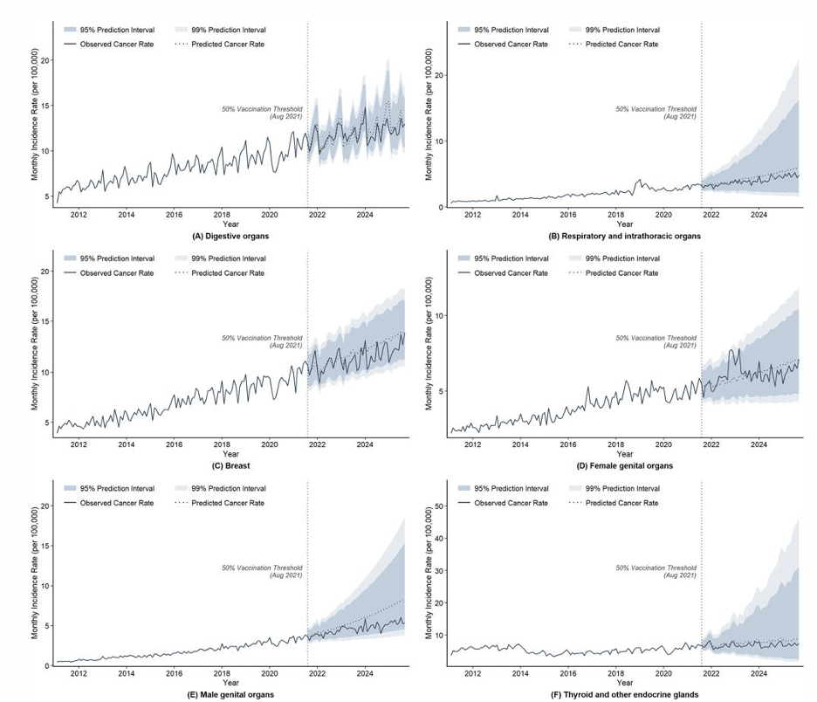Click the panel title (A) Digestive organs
click(230, 236)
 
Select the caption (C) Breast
click(230, 465)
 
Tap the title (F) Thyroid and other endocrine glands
click(625, 695)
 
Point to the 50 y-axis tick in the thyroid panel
click(439, 506)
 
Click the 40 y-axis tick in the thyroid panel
click(439, 539)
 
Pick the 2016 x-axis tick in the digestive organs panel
click(174, 215)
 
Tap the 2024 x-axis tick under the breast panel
click(365, 444)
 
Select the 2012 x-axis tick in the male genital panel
click(79, 673)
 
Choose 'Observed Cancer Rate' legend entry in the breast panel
click(109, 273)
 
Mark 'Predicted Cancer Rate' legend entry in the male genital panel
click(220, 503)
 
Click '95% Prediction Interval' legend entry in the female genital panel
click(504, 258)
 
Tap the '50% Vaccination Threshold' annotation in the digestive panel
click(262, 109)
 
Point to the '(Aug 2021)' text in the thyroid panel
click(680, 575)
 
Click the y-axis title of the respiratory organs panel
click(429, 114)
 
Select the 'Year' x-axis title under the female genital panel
click(625, 453)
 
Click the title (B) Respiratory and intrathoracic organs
click(625, 236)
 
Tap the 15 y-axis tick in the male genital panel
click(45, 546)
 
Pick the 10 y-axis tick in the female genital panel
click(439, 316)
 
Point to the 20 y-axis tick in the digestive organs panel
click(45, 60)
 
